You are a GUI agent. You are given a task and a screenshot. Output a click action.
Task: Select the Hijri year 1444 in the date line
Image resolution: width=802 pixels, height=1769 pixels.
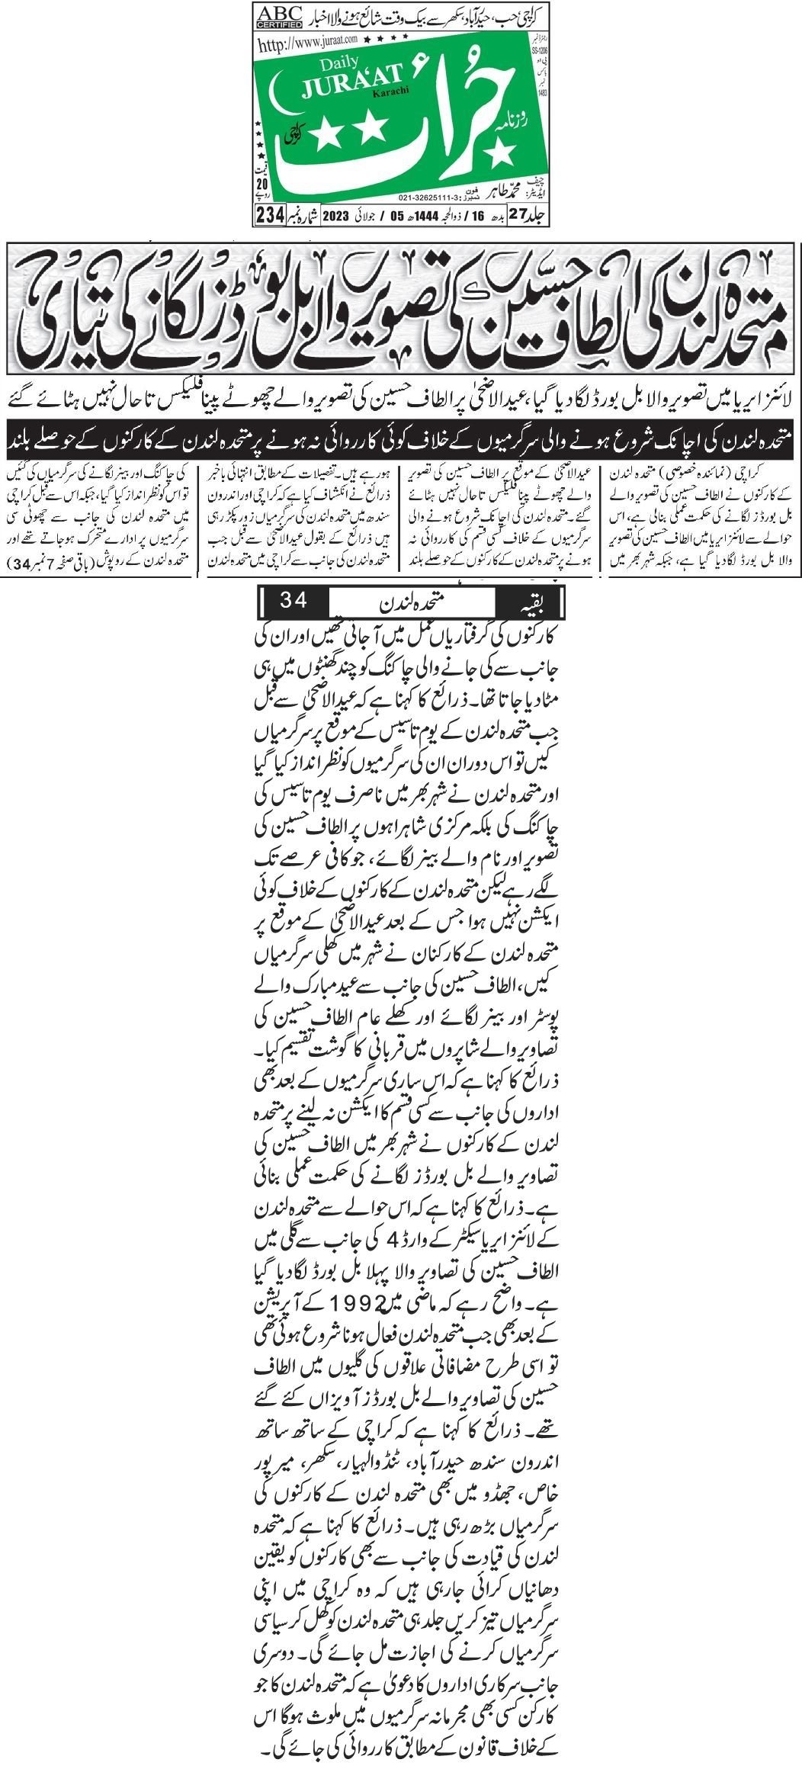pyautogui.click(x=409, y=215)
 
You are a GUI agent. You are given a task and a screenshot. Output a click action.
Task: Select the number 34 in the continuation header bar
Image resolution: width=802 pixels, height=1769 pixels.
pyautogui.click(x=294, y=600)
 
